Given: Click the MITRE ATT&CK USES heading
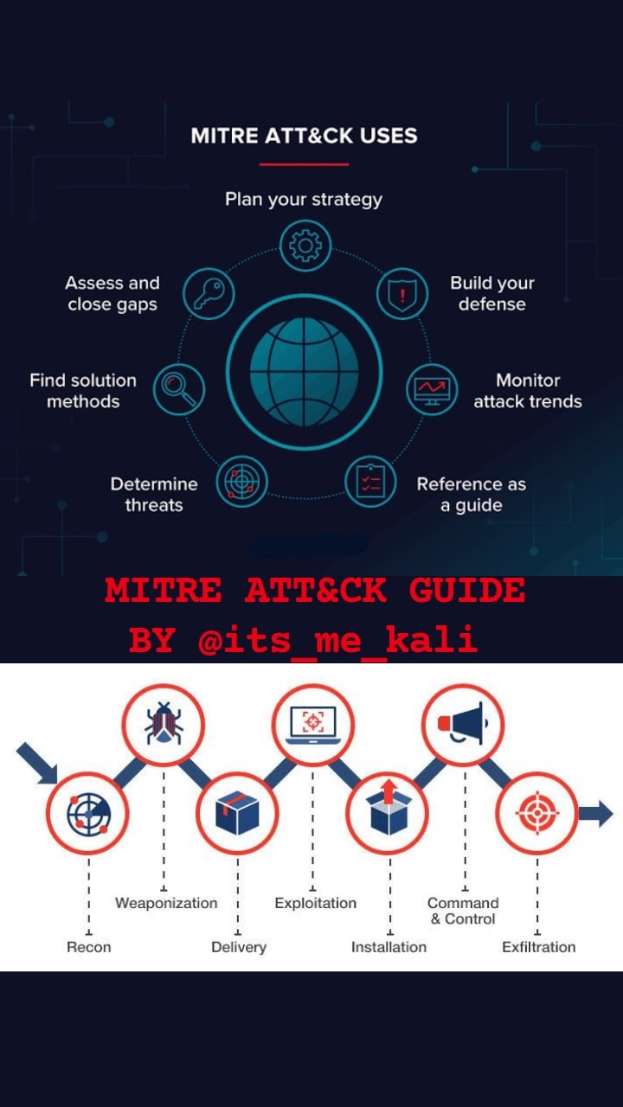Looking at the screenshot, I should pyautogui.click(x=304, y=136).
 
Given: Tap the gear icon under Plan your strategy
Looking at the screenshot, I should pyautogui.click(x=305, y=246).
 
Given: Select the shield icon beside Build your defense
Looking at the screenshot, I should pyautogui.click(x=402, y=293).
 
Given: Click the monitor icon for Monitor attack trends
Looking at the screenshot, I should pyautogui.click(x=432, y=388).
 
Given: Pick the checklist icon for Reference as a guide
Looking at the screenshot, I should pyautogui.click(x=370, y=480).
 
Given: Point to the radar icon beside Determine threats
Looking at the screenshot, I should pyautogui.click(x=241, y=480).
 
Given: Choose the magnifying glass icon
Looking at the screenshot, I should pyautogui.click(x=179, y=388).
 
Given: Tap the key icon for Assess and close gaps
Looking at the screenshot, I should pyautogui.click(x=209, y=295).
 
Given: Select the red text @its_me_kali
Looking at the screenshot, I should pyautogui.click(x=337, y=641).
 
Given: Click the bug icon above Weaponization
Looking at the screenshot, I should pyautogui.click(x=164, y=725).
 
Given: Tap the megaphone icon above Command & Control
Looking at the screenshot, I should pyautogui.click(x=463, y=725).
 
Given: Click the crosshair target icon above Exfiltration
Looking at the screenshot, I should pyautogui.click(x=536, y=814).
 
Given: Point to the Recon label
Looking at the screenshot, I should pyautogui.click(x=89, y=947).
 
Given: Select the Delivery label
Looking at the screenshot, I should pyautogui.click(x=239, y=947).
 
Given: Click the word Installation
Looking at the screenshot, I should pyautogui.click(x=389, y=947).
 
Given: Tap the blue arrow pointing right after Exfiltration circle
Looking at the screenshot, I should pyautogui.click(x=595, y=813).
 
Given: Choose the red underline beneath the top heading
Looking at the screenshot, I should pyautogui.click(x=304, y=163).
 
